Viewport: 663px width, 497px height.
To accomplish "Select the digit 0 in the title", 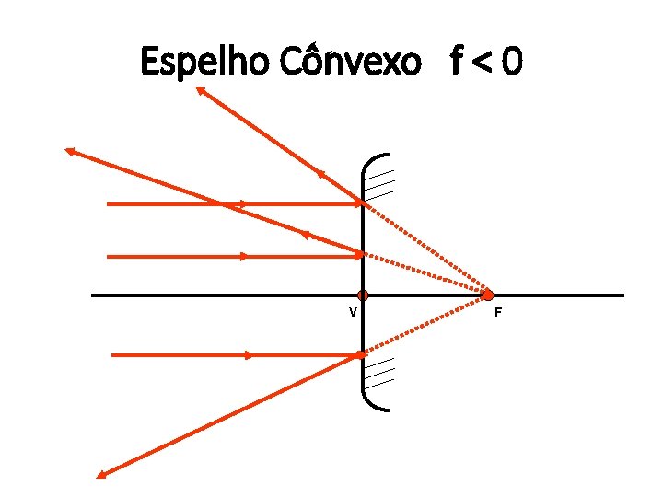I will (514, 63).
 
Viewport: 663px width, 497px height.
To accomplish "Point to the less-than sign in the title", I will (483, 64).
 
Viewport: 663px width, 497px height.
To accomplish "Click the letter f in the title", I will (458, 63).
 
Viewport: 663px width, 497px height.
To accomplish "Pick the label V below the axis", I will (353, 312).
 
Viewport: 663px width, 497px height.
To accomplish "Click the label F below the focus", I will (498, 313).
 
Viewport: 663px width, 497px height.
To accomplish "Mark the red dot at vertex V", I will (363, 295).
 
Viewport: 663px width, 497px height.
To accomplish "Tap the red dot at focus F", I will (488, 295).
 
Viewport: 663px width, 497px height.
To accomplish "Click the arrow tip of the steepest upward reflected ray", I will (199, 88).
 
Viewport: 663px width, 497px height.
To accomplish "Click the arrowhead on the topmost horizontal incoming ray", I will (243, 203).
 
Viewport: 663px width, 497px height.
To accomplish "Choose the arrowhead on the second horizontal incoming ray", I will (243, 257).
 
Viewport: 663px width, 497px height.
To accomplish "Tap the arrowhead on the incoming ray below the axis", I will (249, 354).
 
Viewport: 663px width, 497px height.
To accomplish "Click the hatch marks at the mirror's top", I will (380, 184).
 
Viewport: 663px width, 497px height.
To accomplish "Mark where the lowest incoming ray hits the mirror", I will (362, 354).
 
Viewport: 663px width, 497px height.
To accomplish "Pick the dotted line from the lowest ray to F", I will (424, 325).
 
